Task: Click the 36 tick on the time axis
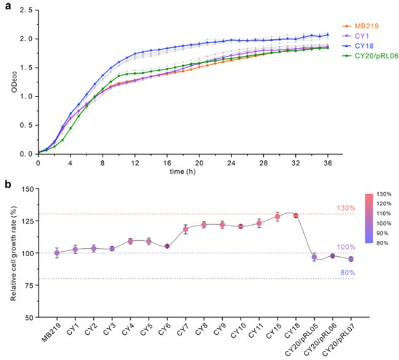[x=328, y=163]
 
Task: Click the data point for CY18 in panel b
[x=295, y=216]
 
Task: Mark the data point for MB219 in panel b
[x=56, y=252]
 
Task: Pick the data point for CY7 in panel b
[x=185, y=230]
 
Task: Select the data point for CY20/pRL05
[x=314, y=257]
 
